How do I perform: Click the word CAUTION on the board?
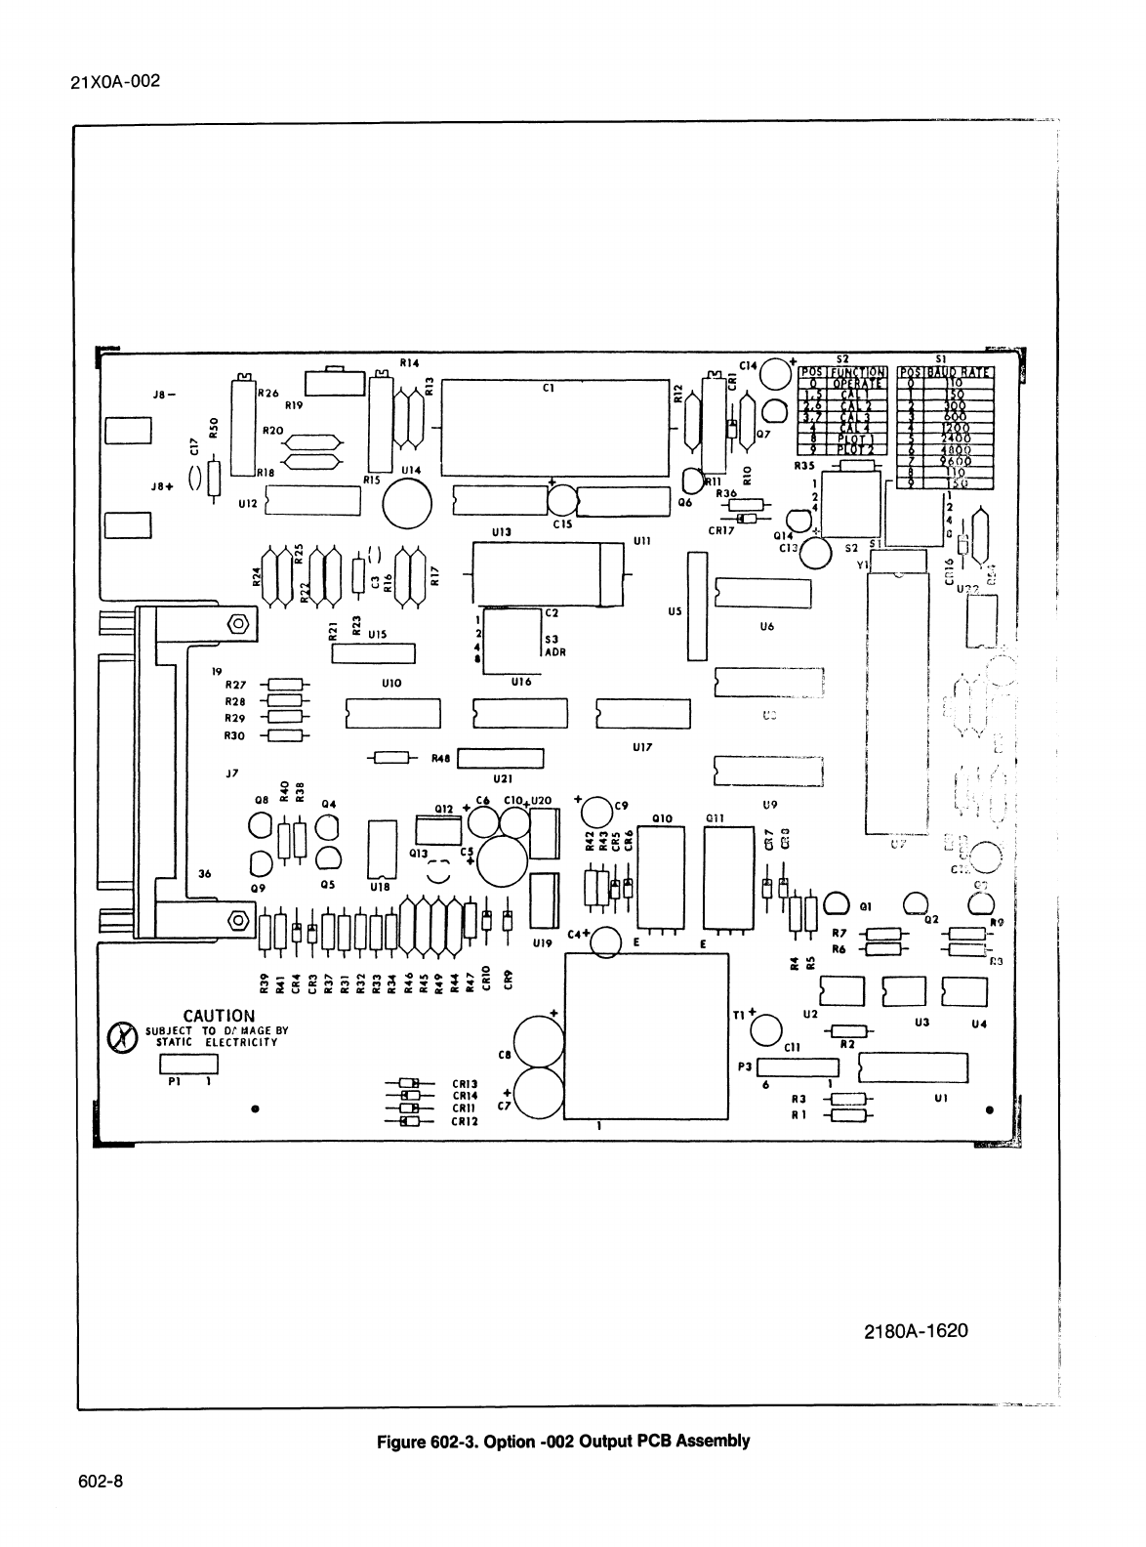[x=219, y=1016]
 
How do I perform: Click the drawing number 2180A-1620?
[x=916, y=1331]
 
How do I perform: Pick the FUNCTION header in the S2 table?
[x=856, y=372]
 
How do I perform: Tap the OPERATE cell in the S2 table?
[x=856, y=383]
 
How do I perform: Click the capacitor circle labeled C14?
[x=775, y=373]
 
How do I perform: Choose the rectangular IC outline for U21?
[x=501, y=759]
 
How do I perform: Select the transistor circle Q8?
[x=262, y=826]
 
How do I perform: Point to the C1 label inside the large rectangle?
[x=549, y=388]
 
